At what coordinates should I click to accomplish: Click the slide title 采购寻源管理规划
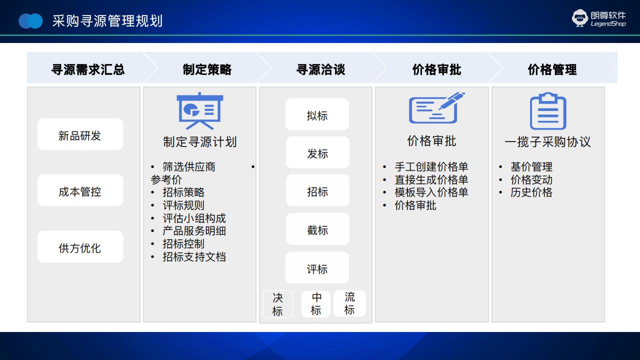click(x=107, y=21)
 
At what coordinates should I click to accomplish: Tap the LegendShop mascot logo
click(x=579, y=18)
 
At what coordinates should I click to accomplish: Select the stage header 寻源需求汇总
click(x=88, y=69)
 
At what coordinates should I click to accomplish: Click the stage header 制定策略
click(x=207, y=69)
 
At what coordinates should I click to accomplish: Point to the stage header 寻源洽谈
click(x=320, y=69)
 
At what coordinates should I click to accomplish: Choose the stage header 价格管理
click(x=552, y=69)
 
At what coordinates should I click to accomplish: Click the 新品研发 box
click(x=80, y=134)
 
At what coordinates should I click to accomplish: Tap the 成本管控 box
click(x=80, y=190)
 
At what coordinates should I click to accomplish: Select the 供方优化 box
click(x=80, y=247)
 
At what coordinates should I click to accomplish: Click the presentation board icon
click(x=199, y=111)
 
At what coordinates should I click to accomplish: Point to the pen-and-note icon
click(x=436, y=107)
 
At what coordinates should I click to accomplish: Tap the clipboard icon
click(x=548, y=111)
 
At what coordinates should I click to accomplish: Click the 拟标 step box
click(x=317, y=114)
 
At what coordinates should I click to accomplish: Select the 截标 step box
click(x=317, y=229)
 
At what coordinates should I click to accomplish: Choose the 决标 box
click(x=277, y=304)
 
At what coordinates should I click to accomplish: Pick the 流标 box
click(x=349, y=303)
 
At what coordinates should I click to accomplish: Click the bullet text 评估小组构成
click(x=194, y=218)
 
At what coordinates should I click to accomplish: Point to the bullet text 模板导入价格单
click(x=431, y=192)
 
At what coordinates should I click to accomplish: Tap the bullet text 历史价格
click(x=531, y=192)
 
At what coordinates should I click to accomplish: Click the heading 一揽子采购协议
click(x=547, y=141)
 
